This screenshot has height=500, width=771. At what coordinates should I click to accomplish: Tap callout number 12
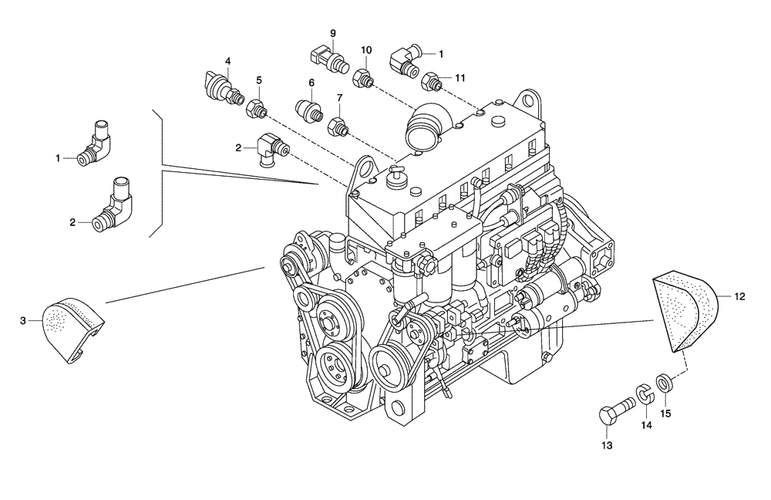point(739,296)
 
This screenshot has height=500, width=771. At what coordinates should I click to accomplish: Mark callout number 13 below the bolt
point(607,446)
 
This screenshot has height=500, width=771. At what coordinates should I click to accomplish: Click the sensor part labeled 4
point(218,86)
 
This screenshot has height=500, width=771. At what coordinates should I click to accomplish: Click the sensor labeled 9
point(323,58)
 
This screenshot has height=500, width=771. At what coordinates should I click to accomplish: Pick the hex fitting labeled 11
point(433,80)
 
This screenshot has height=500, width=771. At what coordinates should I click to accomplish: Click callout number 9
point(333,33)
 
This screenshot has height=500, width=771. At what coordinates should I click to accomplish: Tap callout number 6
point(311,83)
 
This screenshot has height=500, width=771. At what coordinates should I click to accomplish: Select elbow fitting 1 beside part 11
point(405,59)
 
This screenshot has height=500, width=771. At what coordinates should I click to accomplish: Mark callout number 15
point(666,413)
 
